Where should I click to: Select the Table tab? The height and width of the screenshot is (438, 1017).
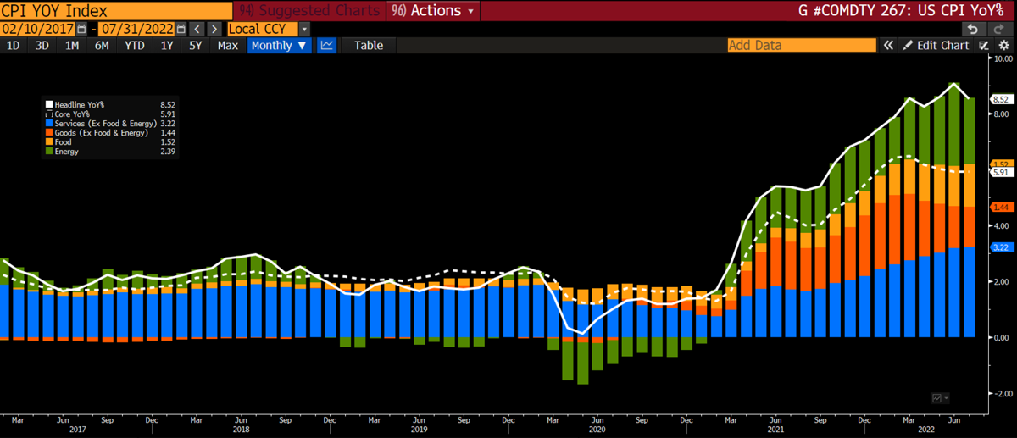[x=368, y=45]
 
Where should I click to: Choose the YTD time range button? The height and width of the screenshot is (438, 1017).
[x=134, y=45]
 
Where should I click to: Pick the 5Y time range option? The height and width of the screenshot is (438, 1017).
[x=195, y=45]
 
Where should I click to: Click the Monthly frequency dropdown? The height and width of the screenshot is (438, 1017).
[x=278, y=45]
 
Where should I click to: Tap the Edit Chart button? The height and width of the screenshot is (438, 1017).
[x=936, y=45]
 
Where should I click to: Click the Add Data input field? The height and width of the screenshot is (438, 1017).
[x=801, y=45]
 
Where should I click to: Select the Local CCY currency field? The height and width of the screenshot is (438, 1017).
[x=262, y=29]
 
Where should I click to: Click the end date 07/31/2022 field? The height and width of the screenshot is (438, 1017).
[x=137, y=29]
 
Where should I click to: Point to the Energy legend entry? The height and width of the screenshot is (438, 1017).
[x=67, y=152]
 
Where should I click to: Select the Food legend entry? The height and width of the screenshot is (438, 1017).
[x=64, y=142]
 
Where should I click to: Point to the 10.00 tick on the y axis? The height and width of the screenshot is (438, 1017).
[x=1003, y=59]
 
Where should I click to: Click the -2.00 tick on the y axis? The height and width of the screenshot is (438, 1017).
[x=1003, y=393]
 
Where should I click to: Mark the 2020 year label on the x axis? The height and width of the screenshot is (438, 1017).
[x=596, y=430]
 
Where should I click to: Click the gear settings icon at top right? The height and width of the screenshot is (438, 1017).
[x=1003, y=45]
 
